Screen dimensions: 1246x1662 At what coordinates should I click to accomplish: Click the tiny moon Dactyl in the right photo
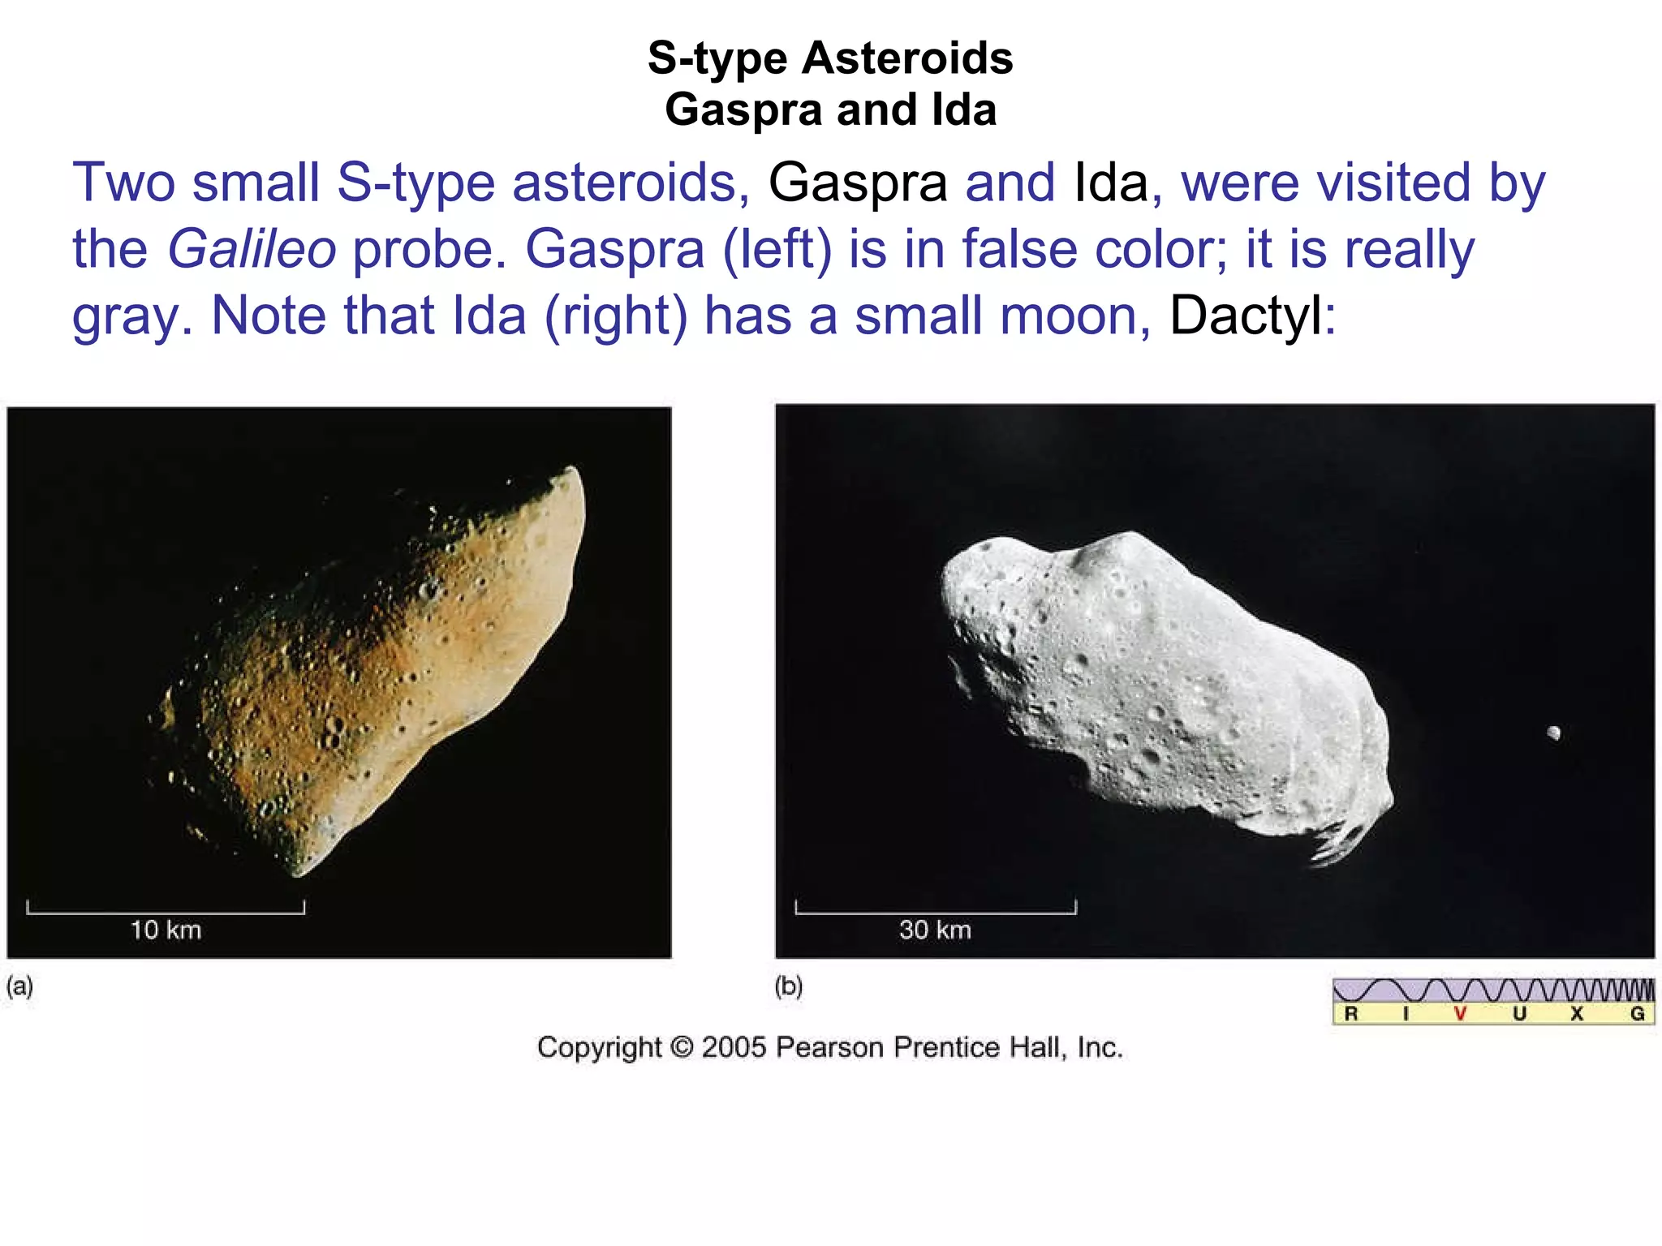coord(1553,733)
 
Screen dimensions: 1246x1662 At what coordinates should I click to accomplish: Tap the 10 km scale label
coord(166,930)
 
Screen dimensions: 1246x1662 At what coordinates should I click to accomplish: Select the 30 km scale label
coord(935,930)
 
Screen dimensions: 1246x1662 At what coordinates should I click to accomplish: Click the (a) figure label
coord(19,986)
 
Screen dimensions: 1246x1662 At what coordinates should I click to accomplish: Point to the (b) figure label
coord(788,986)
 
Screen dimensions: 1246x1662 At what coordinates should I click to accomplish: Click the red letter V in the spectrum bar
coord(1460,1013)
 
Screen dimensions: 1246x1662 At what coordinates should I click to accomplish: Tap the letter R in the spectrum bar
coord(1351,1013)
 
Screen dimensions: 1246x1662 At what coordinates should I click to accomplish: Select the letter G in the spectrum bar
coord(1638,1013)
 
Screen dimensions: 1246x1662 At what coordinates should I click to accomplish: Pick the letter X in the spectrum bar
coord(1577,1013)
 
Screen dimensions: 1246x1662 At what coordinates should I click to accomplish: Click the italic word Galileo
coord(252,248)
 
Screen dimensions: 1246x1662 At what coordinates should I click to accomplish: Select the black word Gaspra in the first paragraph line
coord(858,183)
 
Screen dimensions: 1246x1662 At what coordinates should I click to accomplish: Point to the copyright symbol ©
coord(682,1047)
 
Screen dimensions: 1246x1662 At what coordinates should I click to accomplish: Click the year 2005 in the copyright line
coord(734,1047)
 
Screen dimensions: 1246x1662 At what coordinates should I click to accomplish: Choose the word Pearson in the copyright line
coord(829,1047)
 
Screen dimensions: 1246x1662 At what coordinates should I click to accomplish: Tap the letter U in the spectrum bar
coord(1519,1013)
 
